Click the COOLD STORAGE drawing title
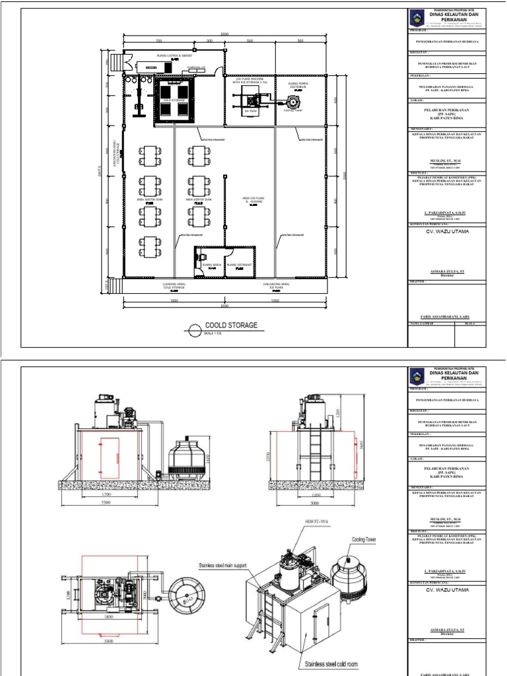click(x=230, y=325)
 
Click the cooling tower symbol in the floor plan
click(x=290, y=103)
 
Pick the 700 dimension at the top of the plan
click(x=158, y=41)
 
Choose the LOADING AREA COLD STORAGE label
click(x=174, y=287)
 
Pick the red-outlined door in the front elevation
click(x=109, y=456)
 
